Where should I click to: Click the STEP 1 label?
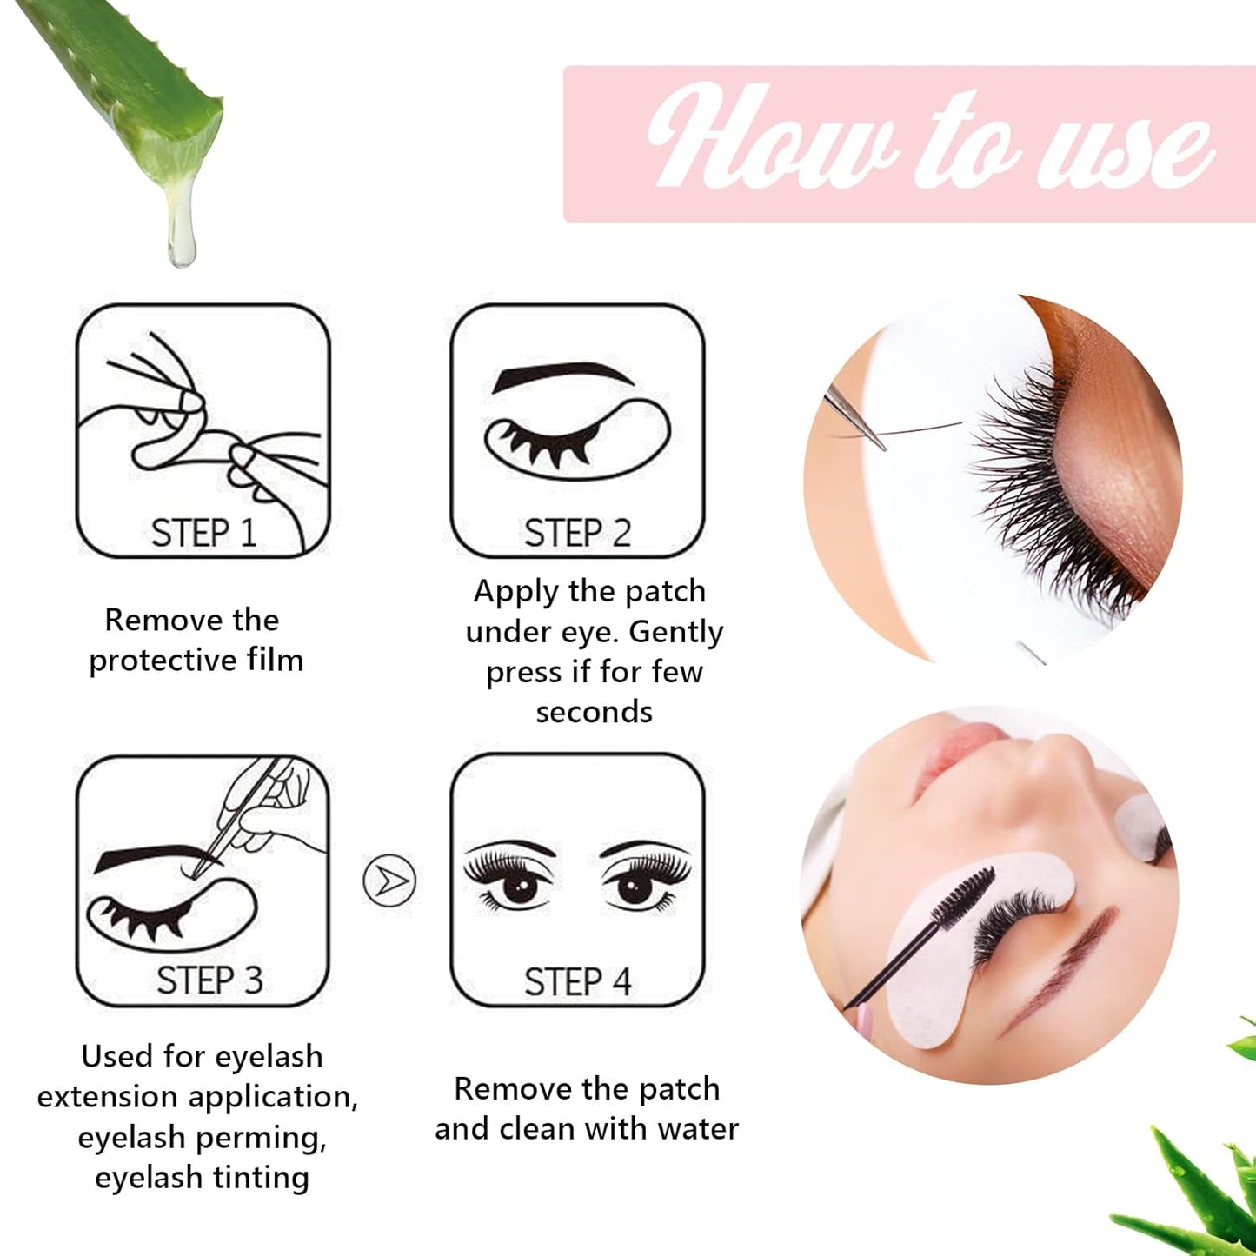(x=203, y=533)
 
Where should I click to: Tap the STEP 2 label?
(x=577, y=533)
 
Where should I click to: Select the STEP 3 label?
(x=209, y=980)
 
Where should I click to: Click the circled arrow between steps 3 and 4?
(x=389, y=881)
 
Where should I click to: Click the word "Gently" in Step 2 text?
(x=676, y=632)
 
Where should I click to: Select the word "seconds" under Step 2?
(x=594, y=712)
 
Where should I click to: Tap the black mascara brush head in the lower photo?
(x=962, y=895)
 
